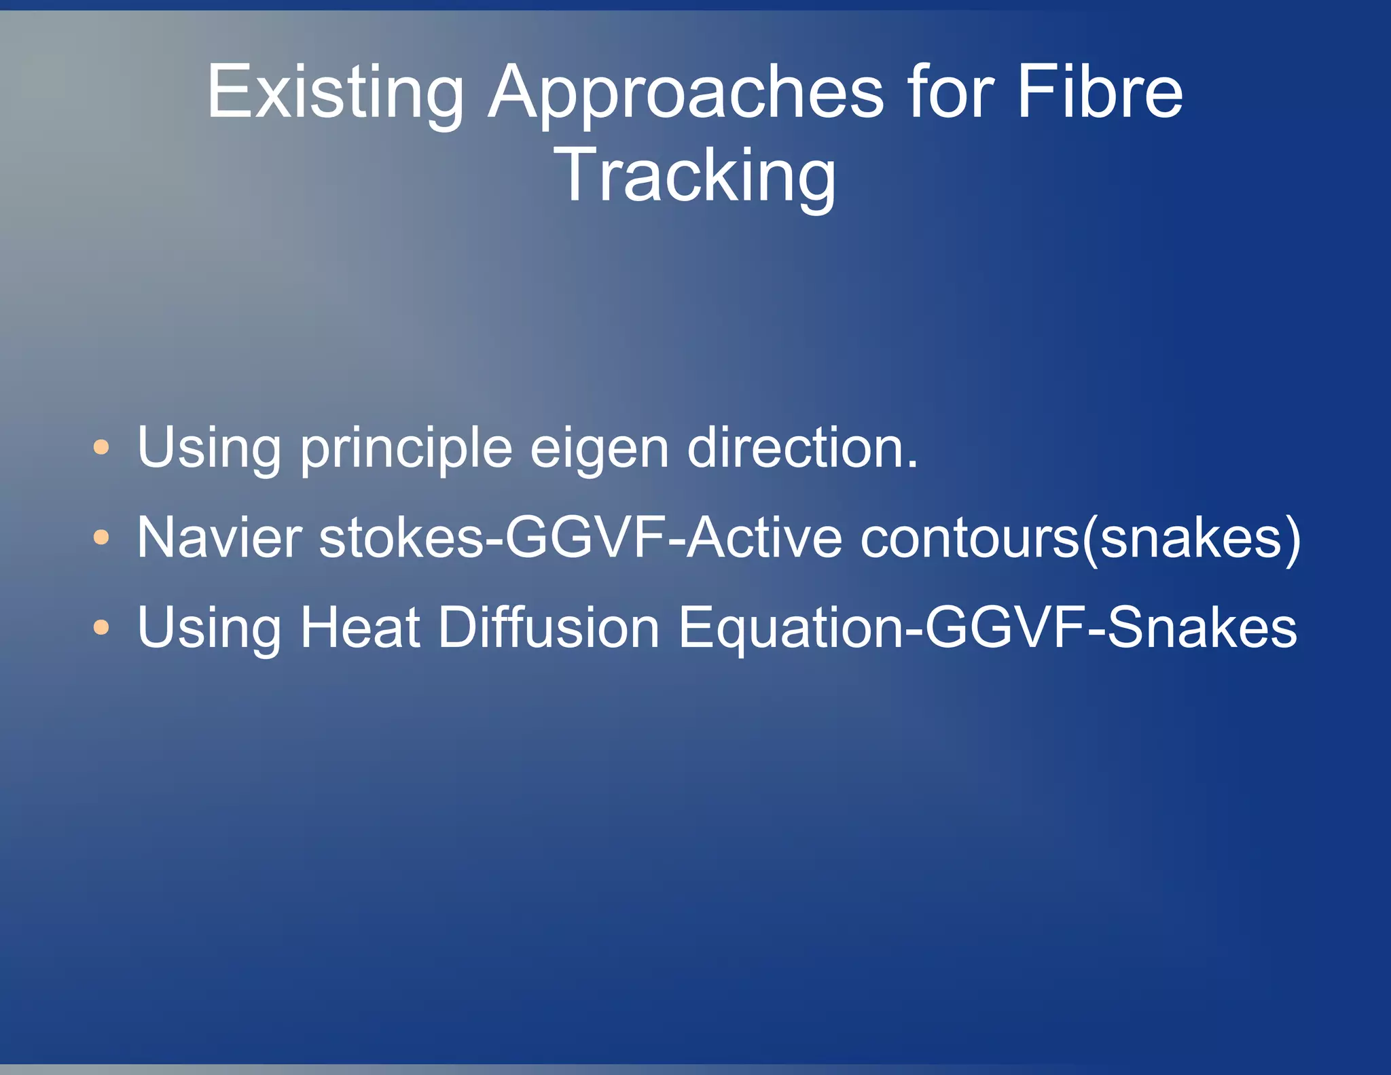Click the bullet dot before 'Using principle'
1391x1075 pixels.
pos(101,447)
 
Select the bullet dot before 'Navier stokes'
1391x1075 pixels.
pos(101,537)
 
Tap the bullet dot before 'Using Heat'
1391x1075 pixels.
pos(101,627)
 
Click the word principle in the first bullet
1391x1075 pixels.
pos(405,448)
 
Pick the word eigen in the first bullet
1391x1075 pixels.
pos(599,448)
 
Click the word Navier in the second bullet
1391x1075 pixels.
pos(219,537)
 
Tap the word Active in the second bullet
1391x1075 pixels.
pos(764,537)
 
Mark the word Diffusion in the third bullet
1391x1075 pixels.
pos(548,627)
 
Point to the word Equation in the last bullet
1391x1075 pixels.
pos(791,627)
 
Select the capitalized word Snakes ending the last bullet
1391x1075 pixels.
pos(1202,627)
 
